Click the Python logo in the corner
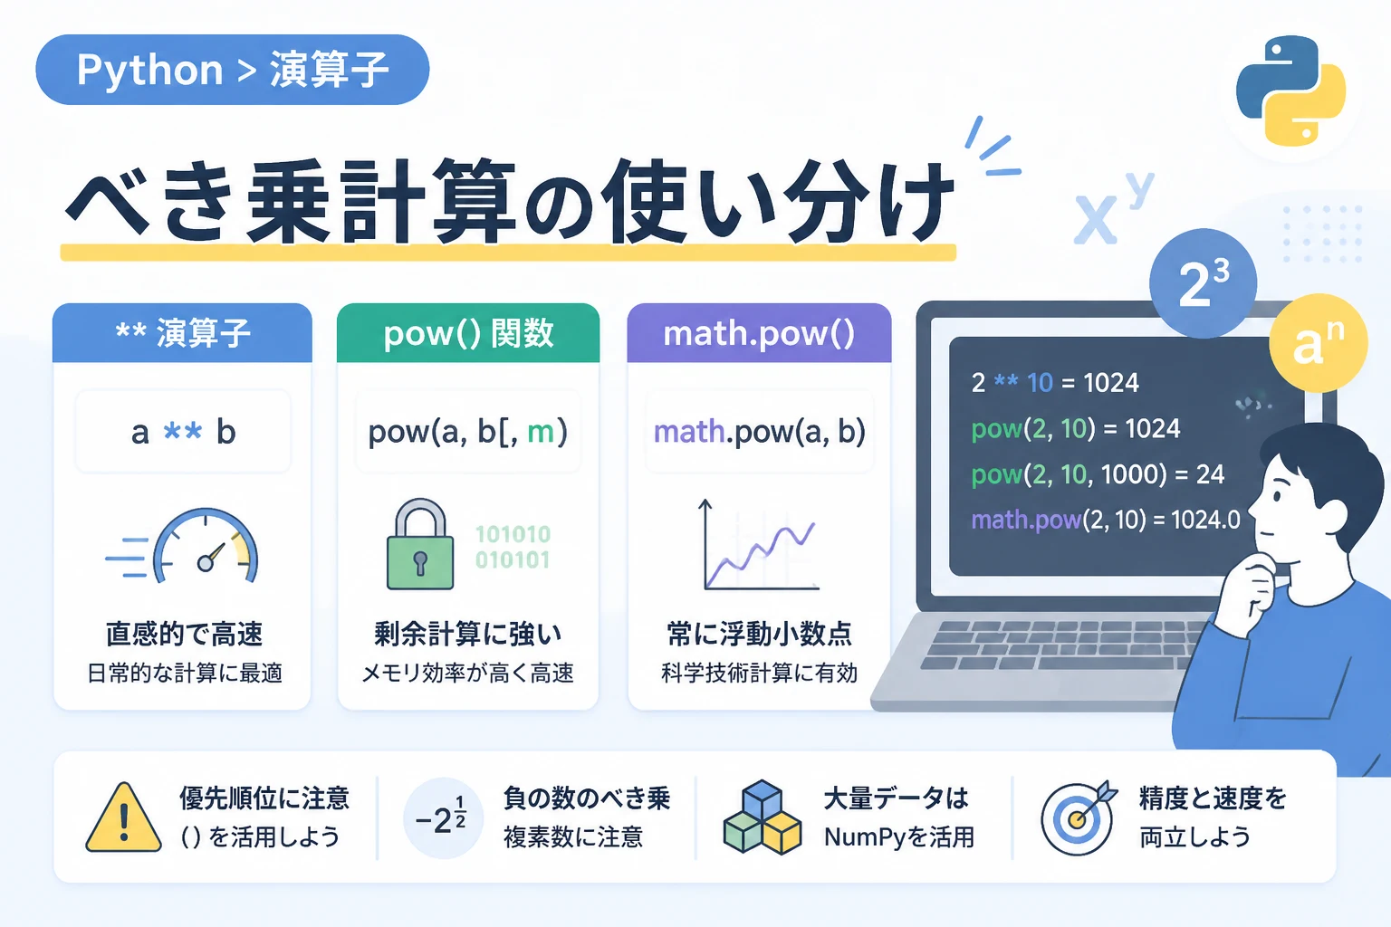[x=1290, y=91]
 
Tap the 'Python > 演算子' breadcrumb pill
[x=232, y=70]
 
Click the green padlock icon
[x=420, y=544]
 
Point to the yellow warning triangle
[x=123, y=817]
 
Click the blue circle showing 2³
[x=1203, y=283]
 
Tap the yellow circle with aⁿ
[x=1319, y=343]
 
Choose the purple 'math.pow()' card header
[x=759, y=333]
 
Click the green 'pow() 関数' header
[x=468, y=333]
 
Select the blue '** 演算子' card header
[x=183, y=333]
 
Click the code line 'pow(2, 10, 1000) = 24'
[x=1098, y=474]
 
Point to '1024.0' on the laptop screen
[x=1205, y=520]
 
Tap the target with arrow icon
[x=1079, y=818]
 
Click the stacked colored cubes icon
[x=763, y=817]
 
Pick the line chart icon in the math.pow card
[x=760, y=545]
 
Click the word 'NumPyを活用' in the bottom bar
[x=899, y=837]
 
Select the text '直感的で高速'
[x=185, y=634]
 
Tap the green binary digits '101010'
[x=513, y=534]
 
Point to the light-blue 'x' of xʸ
[x=1095, y=220]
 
